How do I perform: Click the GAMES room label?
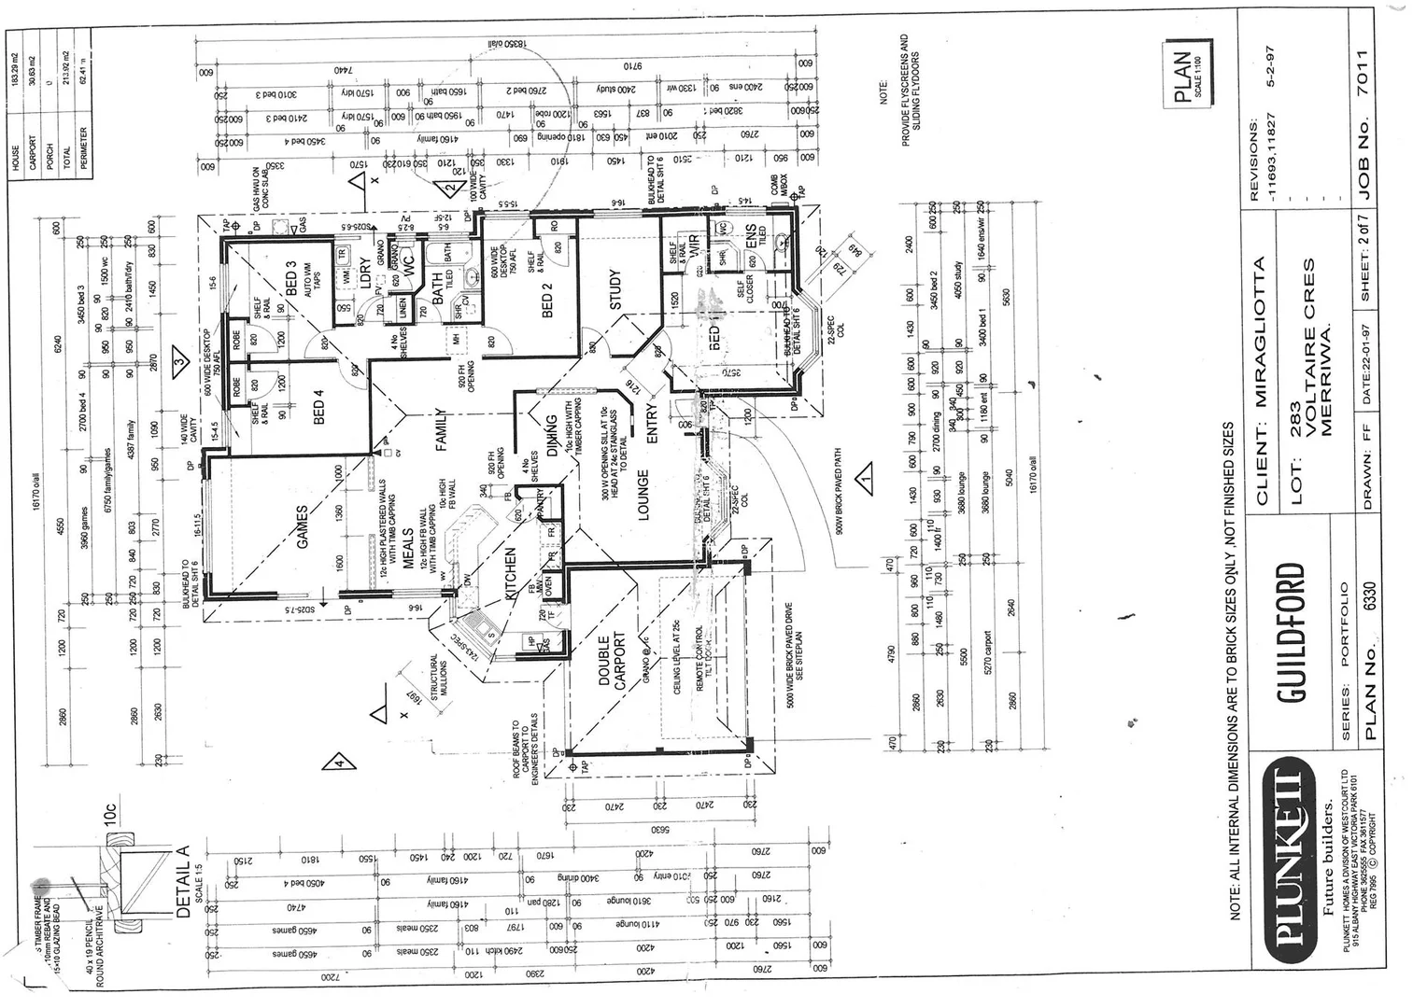(303, 527)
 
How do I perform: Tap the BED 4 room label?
(319, 413)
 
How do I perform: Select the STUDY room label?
(615, 290)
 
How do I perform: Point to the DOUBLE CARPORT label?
(612, 662)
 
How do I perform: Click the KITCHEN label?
(511, 574)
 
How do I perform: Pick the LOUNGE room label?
(643, 495)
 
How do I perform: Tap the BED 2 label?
(548, 300)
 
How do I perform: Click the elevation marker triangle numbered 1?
(864, 479)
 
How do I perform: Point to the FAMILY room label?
(442, 430)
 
